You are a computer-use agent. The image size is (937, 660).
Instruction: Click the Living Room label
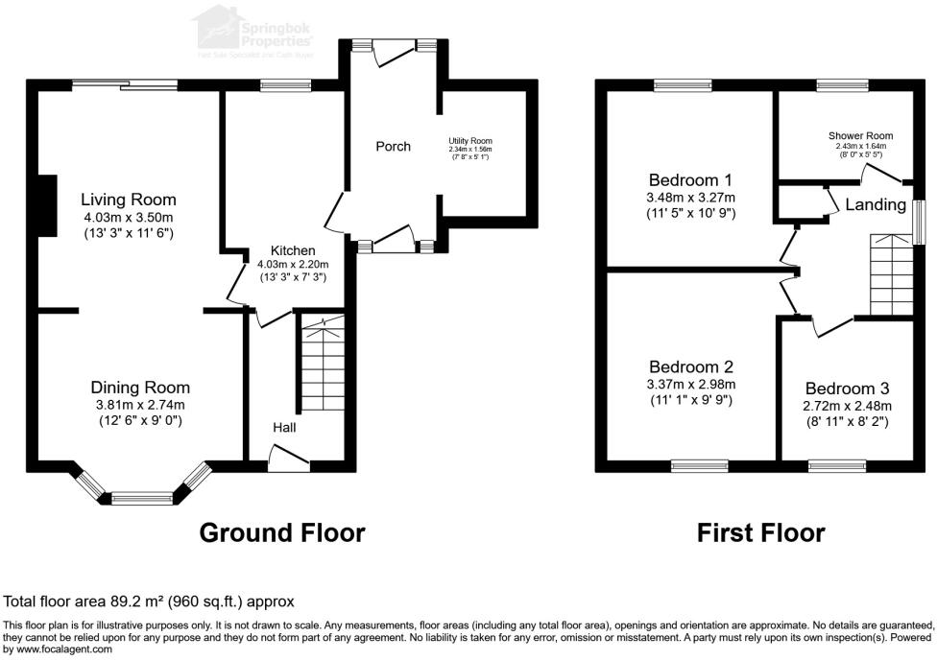pos(128,200)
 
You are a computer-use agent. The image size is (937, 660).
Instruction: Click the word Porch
pos(393,147)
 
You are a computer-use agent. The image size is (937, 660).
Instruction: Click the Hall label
pos(283,427)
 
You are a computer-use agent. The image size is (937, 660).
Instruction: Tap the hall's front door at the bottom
pos(288,464)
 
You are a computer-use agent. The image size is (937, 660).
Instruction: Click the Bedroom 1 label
pos(690,179)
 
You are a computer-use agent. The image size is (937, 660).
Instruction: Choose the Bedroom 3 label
pos(847,389)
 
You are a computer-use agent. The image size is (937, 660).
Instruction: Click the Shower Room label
pos(854,135)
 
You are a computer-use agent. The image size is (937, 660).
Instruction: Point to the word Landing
pos(875,204)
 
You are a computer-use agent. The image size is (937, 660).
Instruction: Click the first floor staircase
pos(890,274)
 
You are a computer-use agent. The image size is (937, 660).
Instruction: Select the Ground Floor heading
pos(282,532)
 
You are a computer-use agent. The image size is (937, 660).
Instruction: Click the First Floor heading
pos(760,532)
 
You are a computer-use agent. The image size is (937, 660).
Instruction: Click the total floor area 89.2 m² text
pos(149,601)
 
